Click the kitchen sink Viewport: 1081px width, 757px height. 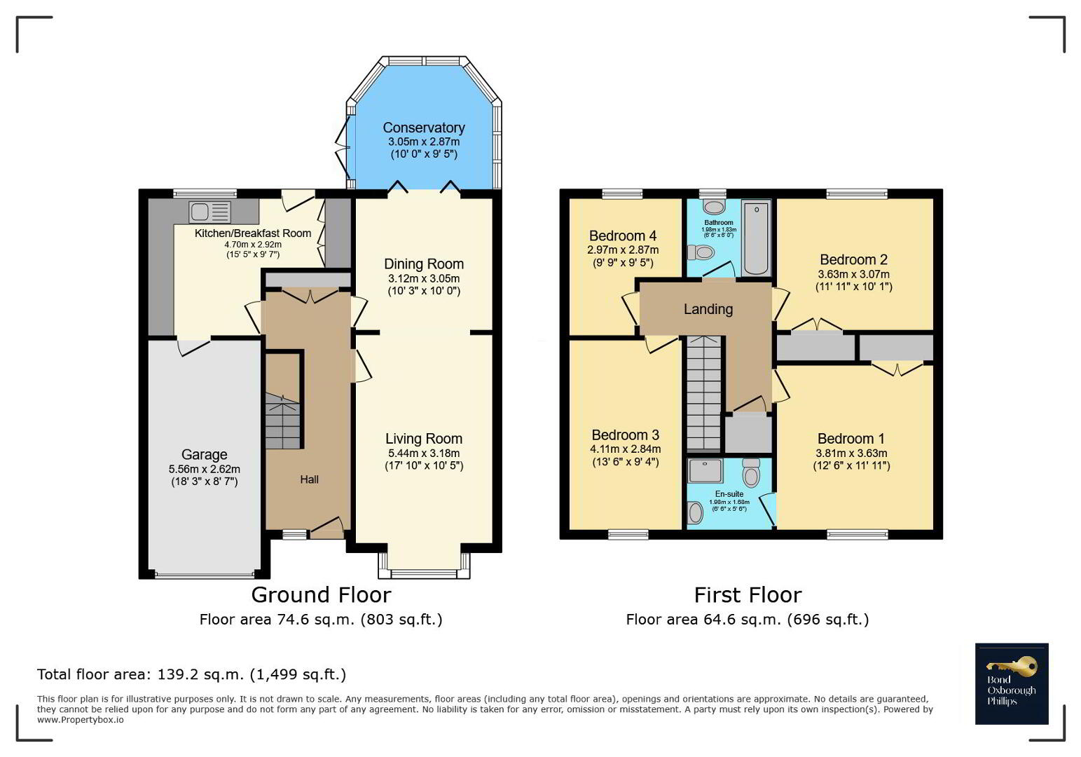209,212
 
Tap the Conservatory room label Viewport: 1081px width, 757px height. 424,128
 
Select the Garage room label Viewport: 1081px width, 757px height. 204,455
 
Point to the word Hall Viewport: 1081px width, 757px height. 310,479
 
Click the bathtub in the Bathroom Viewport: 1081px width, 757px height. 756,237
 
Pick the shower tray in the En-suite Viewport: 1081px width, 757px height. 705,471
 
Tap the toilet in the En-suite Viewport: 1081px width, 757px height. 751,472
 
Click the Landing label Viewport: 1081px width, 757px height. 708,309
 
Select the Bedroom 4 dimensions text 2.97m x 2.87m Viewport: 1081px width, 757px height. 623,250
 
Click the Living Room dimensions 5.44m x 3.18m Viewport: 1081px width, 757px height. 424,453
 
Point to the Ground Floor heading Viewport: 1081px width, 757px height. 321,595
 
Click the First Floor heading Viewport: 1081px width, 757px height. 748,595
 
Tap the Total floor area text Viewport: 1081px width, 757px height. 191,674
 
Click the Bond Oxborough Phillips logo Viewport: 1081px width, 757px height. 1012,683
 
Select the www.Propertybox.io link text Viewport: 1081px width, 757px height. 80,720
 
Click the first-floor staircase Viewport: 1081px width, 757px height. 704,393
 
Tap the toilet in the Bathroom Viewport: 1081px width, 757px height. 701,252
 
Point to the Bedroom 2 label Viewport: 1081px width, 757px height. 853,260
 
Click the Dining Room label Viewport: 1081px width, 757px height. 424,264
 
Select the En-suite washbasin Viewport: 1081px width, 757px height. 696,512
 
